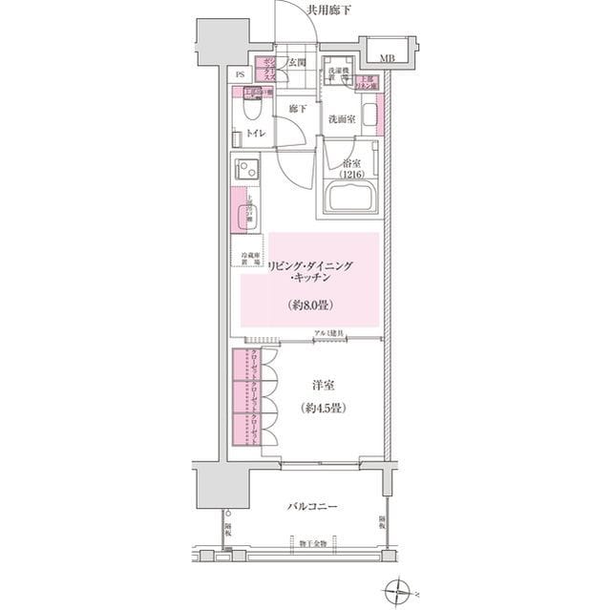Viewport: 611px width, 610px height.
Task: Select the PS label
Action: [x=241, y=74]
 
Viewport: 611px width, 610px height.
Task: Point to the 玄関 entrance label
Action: [x=297, y=63]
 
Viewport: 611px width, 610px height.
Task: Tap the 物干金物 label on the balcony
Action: [x=308, y=543]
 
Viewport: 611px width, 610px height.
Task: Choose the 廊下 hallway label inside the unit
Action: [x=297, y=109]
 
